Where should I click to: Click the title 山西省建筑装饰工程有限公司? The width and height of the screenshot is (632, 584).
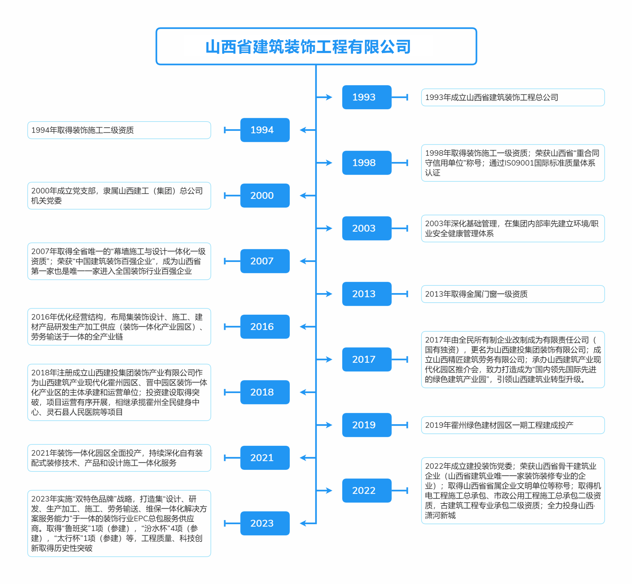coord(308,47)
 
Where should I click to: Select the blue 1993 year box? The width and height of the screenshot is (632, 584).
coord(367,97)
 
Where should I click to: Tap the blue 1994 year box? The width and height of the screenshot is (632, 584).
coord(265,130)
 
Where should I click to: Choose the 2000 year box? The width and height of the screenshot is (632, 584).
coord(265,196)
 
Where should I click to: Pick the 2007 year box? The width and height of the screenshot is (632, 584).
coord(265,261)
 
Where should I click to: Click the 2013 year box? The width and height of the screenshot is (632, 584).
coord(367,294)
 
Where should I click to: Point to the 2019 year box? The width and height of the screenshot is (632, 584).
coord(367,425)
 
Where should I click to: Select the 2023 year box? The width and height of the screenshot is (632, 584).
coord(265,523)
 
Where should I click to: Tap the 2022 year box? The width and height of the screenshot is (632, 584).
coord(367,491)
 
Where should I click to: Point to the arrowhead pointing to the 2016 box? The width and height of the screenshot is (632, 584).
coord(303,327)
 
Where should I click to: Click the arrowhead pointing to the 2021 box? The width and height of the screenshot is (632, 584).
coord(303,458)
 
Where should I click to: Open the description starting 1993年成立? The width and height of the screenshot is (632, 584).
coord(492,97)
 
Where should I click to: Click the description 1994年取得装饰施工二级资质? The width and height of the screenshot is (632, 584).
coord(82,130)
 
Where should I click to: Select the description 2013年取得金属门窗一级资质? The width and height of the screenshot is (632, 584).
coord(476,294)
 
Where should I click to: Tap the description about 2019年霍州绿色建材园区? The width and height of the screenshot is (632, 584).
coord(499,425)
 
